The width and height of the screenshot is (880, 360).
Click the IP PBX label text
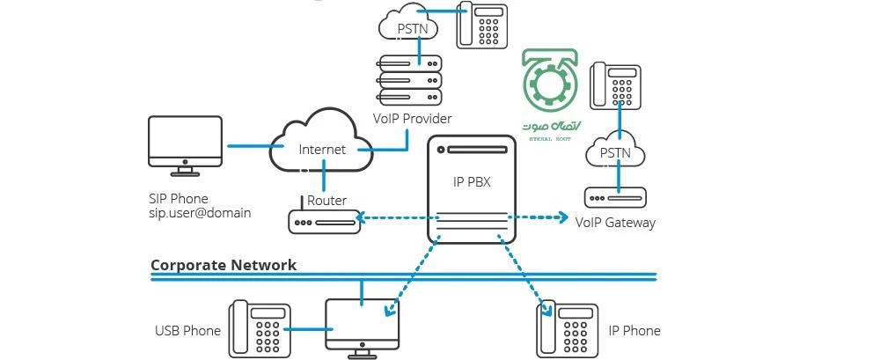point(471,181)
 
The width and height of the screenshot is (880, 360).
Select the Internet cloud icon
point(321,145)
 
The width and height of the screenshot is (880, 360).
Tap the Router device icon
point(325,220)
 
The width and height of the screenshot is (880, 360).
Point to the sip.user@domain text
point(200,213)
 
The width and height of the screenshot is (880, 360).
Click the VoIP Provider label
point(412,118)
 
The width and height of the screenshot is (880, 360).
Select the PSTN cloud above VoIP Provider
point(412,26)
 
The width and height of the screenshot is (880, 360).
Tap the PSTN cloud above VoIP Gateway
point(615,152)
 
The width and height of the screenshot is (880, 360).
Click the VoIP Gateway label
point(615,223)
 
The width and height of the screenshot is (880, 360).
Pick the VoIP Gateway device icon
point(615,196)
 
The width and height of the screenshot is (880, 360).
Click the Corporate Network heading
point(224,264)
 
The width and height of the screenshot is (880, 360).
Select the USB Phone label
point(187,331)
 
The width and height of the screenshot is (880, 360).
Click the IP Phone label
point(634,331)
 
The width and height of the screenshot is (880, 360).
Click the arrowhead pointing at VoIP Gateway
point(563,217)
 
